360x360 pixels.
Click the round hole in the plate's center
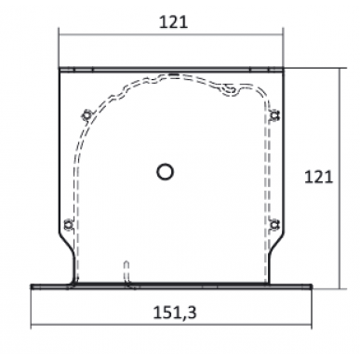pyautogui.click(x=166, y=170)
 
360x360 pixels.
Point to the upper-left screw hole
pyautogui.click(x=87, y=115)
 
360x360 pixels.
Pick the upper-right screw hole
pyautogui.click(x=274, y=115)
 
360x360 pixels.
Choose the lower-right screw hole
pyautogui.click(x=273, y=224)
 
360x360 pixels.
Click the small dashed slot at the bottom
pyautogui.click(x=127, y=273)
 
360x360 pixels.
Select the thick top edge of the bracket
pyautogui.click(x=169, y=68)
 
